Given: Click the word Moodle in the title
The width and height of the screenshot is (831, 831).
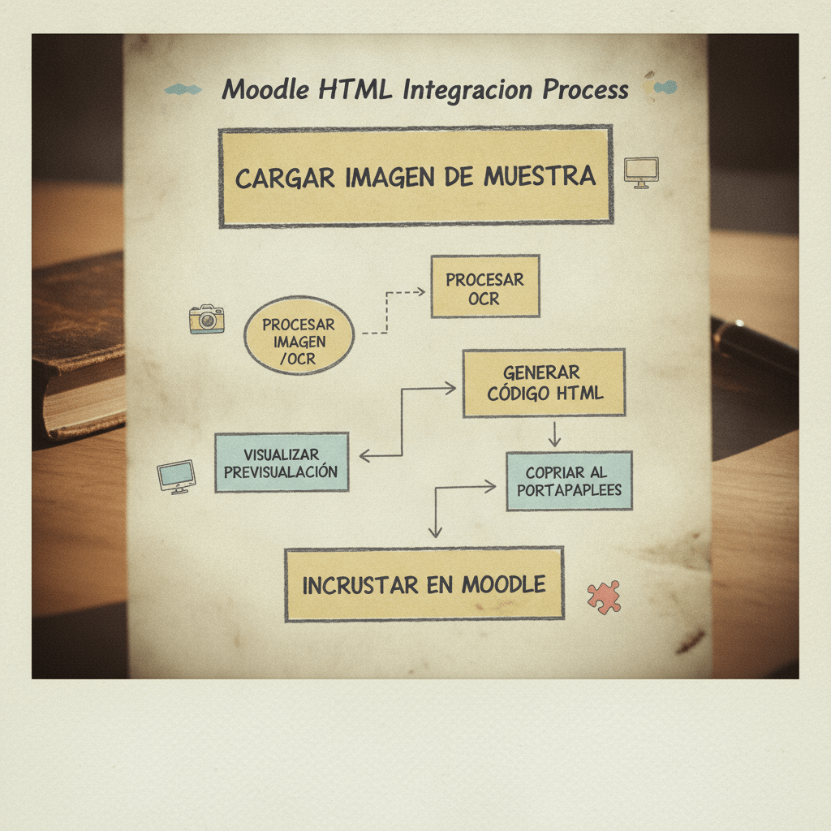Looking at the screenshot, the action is click(x=265, y=89).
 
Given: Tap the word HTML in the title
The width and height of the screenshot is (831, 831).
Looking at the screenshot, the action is click(x=355, y=89).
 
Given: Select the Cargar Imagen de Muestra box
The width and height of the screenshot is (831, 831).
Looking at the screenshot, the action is click(x=416, y=176).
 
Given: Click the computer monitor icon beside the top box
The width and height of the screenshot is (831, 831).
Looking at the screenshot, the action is click(x=641, y=172).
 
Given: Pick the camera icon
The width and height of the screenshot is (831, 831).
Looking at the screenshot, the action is click(x=207, y=319).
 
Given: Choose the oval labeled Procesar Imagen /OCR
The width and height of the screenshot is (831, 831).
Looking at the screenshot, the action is click(x=299, y=335).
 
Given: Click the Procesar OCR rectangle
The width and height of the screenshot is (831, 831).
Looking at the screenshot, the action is click(x=485, y=286).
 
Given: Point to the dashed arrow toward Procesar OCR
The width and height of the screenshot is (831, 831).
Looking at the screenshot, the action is click(x=387, y=312).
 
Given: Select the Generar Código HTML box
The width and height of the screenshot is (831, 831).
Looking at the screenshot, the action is click(x=544, y=383).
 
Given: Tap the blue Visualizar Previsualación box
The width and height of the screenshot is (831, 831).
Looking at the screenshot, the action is click(x=282, y=463).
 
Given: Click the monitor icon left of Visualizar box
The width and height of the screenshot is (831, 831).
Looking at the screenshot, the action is click(x=176, y=476).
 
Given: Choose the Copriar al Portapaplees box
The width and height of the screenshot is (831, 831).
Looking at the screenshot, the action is click(x=569, y=481).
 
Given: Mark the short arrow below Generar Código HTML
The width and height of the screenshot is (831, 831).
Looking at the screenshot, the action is click(x=554, y=434).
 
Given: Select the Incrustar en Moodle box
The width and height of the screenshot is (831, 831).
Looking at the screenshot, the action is click(x=424, y=584).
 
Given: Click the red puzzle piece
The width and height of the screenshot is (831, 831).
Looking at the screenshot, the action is click(x=604, y=596).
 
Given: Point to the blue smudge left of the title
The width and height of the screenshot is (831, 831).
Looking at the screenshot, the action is click(x=183, y=89).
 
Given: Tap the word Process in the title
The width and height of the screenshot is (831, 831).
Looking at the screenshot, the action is click(x=585, y=89).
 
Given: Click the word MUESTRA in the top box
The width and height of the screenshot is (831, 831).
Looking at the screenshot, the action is click(x=540, y=176).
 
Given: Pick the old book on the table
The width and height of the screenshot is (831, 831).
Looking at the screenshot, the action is click(x=79, y=347).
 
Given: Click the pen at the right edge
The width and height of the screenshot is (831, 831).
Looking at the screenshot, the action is click(x=755, y=344).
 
